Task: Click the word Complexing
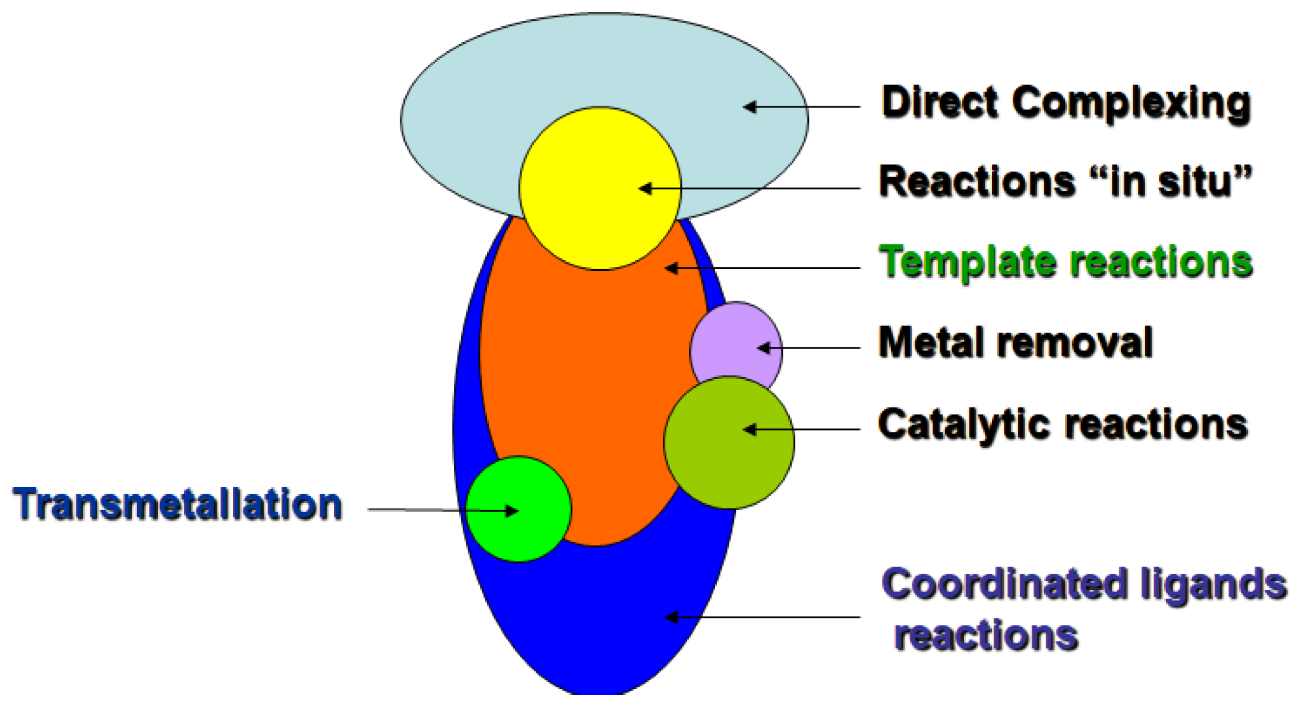pyautogui.click(x=1132, y=104)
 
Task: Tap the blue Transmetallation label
pyautogui.click(x=177, y=505)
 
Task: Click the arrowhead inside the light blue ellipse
pyautogui.click(x=750, y=107)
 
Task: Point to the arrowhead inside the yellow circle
pyautogui.click(x=645, y=189)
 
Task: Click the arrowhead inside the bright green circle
pyautogui.click(x=511, y=510)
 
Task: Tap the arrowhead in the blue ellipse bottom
pyautogui.click(x=671, y=618)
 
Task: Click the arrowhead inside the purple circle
pyautogui.click(x=764, y=348)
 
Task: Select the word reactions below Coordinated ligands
pyautogui.click(x=986, y=636)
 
